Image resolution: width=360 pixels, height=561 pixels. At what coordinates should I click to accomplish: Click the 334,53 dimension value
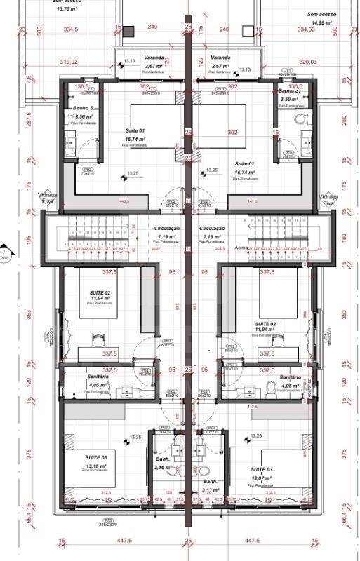[307, 29]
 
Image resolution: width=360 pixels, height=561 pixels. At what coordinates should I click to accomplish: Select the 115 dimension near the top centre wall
[200, 29]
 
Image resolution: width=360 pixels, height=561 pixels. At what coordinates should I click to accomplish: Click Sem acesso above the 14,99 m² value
[321, 14]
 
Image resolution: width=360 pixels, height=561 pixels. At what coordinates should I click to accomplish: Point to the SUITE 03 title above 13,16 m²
[95, 457]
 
